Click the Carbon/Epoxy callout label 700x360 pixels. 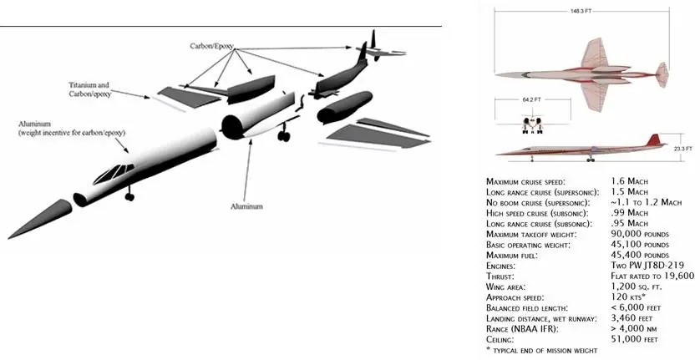click(x=211, y=46)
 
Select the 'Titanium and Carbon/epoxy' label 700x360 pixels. click(x=89, y=89)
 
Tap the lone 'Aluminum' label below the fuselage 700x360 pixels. click(x=246, y=206)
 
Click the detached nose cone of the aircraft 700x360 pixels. click(x=39, y=219)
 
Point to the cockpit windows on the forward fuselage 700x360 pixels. click(x=114, y=173)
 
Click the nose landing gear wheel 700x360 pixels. click(x=129, y=195)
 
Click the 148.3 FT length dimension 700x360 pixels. click(x=581, y=11)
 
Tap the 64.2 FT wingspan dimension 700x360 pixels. click(x=531, y=99)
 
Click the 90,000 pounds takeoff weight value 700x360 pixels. click(x=640, y=234)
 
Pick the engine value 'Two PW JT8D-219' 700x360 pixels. click(x=647, y=266)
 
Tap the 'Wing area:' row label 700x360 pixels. click(x=505, y=286)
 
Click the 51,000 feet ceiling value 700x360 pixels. click(x=634, y=339)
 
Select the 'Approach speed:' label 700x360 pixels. click(x=515, y=297)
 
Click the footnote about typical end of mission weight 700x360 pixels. click(x=541, y=350)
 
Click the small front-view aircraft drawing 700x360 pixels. click(x=532, y=124)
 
